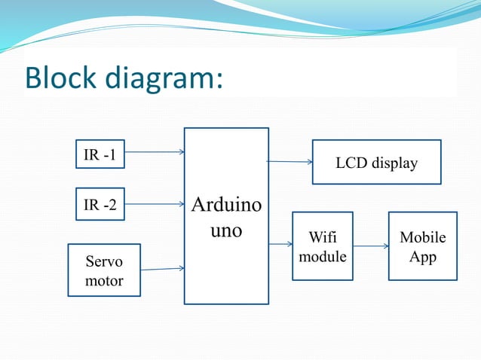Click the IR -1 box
100,156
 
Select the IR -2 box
100,204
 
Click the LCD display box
376,162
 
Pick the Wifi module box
323,246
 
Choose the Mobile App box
422,246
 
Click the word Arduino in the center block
226,205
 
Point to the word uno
226,230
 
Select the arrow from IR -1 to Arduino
155,152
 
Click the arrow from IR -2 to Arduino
155,203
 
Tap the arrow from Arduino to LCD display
290,161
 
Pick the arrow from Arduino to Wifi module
280,244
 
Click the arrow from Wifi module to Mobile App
370,246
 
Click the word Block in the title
61,78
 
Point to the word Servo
104,262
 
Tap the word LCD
351,163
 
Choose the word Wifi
323,238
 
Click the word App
422,256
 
